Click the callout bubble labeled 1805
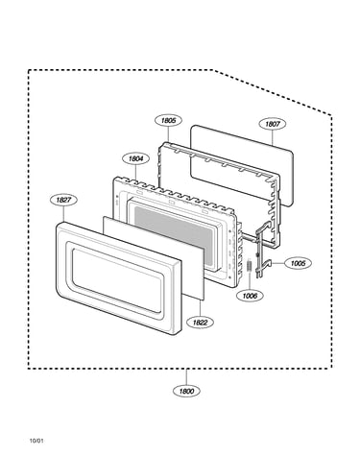(x=168, y=121)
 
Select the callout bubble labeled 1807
(x=273, y=124)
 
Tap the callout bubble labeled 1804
(x=136, y=158)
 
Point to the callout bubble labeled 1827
(x=63, y=200)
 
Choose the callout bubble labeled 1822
(x=200, y=323)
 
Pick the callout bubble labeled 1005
(x=298, y=263)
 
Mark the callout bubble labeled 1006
(x=250, y=296)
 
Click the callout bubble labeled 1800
(x=186, y=391)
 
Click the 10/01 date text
(x=36, y=441)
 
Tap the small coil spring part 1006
(x=250, y=266)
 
